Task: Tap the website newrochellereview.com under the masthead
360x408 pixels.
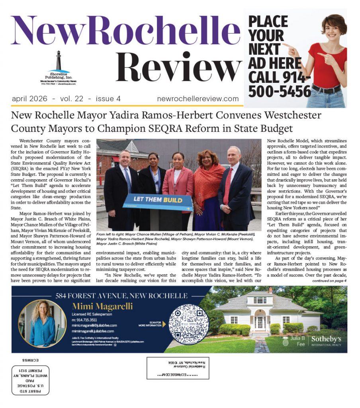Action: point(198,98)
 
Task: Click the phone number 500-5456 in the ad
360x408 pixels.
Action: point(280,91)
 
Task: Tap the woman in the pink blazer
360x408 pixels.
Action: point(178,183)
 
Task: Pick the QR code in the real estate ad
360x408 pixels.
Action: point(188,324)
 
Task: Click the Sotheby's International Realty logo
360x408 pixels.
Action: point(326,340)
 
